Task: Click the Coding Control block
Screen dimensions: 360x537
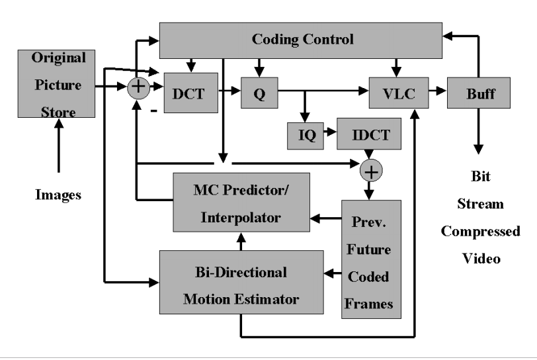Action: tap(302, 40)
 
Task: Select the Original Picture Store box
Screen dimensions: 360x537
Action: tap(58, 85)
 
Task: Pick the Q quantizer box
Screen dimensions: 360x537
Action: tap(259, 93)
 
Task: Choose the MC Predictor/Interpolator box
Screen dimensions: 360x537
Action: tap(241, 202)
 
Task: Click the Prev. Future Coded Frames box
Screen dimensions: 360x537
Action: tap(371, 259)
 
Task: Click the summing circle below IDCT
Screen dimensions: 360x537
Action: tap(370, 172)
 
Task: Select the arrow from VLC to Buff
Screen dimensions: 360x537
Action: tap(438, 93)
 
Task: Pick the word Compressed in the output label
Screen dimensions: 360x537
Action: tap(480, 232)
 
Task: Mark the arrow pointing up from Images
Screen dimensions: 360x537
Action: tap(58, 152)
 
